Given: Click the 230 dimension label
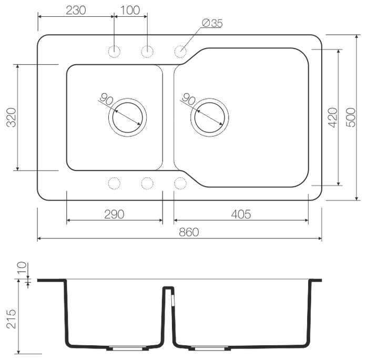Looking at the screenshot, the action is pos(76,11).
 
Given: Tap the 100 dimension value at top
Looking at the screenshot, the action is pos(130,11).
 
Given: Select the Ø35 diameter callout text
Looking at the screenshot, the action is pos(212,23).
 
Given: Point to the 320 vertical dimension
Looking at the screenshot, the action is pos(11,117).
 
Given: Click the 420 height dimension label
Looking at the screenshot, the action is pos(332,117).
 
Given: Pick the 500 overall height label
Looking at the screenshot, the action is pos(351,117).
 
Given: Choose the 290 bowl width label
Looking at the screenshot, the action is pos(114,214).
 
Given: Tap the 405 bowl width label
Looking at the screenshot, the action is pos(241,214).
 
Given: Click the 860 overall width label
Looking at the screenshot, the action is pos(189,232).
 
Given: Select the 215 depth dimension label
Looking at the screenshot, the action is pos(11,319).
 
